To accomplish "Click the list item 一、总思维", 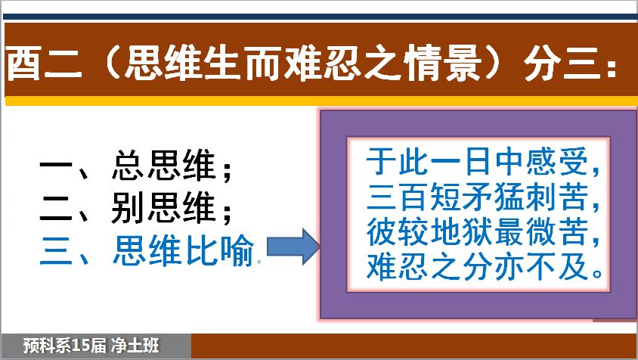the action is coord(135,166).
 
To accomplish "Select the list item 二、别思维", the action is coord(135,208).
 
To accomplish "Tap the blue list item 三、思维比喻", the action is coord(147,250).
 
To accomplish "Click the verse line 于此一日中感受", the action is coord(483,162).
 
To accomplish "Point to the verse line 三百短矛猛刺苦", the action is coord(483,197).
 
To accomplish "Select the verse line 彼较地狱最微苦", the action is coord(483,231).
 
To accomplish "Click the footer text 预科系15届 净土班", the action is coord(91,346).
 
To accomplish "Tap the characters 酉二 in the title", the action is coord(45,64).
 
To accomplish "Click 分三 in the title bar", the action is coord(562,64).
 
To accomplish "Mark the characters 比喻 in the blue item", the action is coord(220,250).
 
